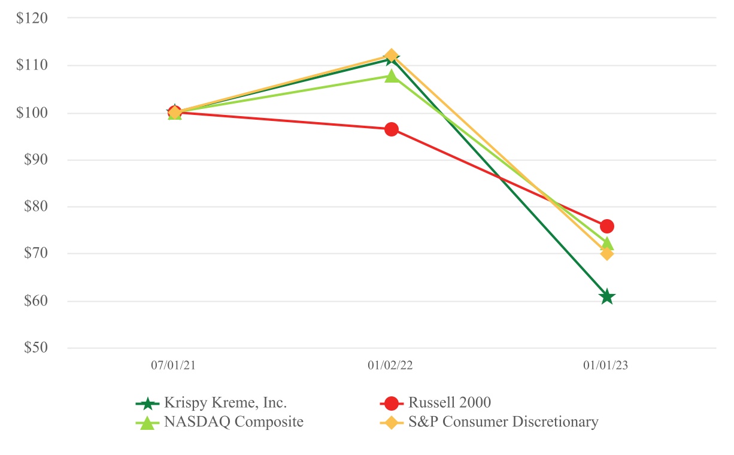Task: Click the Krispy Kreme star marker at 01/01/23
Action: (606, 296)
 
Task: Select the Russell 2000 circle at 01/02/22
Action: (391, 129)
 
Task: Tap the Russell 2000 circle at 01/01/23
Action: (606, 226)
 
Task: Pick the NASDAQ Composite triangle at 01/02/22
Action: (391, 76)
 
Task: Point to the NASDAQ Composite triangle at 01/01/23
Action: (606, 243)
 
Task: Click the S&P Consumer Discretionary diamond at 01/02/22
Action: (391, 56)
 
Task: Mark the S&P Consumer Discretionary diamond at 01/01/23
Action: (606, 253)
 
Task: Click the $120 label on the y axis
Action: (41, 18)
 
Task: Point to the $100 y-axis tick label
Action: (41, 113)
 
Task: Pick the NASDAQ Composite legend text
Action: (233, 422)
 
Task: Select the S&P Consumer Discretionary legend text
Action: (503, 422)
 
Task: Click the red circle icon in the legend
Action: (391, 403)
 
